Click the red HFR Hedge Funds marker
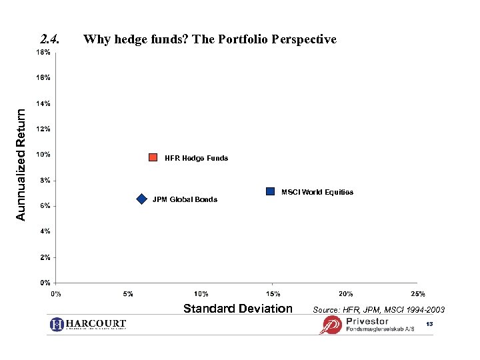(153, 157)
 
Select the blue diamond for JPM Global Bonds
(141, 199)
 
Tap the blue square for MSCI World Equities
(270, 191)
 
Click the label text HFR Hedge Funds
(196, 158)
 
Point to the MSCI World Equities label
(317, 192)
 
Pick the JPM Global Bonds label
(185, 199)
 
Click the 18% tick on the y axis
(43, 52)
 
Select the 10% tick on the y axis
(43, 155)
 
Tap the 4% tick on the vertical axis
(45, 231)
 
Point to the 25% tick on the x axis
(418, 294)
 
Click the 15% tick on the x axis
(273, 294)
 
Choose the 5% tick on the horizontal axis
(129, 294)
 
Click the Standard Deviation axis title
(237, 308)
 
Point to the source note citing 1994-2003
(378, 310)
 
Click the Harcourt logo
(88, 324)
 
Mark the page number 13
(429, 323)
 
